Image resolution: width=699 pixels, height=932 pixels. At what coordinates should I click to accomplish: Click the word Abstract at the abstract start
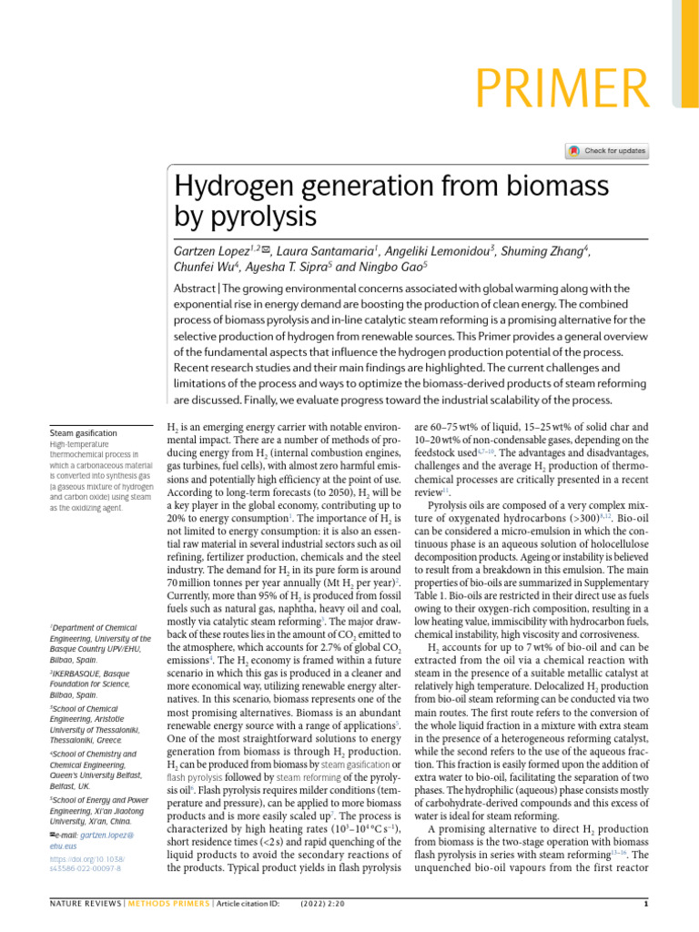tap(195, 289)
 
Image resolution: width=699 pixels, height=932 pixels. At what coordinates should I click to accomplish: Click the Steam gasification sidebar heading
tap(83, 432)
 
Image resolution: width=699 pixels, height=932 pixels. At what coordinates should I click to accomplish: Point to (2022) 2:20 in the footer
tap(320, 911)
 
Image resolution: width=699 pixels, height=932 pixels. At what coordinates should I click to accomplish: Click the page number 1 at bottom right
tap(644, 911)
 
